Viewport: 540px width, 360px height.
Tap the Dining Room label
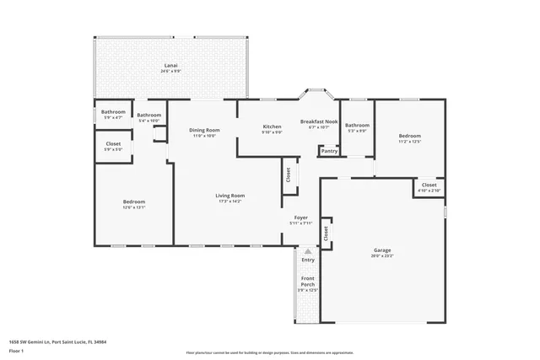click(x=204, y=130)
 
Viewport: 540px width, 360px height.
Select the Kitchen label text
click(x=272, y=126)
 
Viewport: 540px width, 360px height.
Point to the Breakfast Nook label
click(x=319, y=121)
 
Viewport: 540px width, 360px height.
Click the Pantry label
click(x=328, y=152)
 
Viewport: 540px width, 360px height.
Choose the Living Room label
click(x=229, y=196)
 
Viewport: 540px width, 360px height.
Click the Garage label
click(x=382, y=250)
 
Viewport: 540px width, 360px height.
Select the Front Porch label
click(x=308, y=282)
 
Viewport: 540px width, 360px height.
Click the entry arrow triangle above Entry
click(x=308, y=250)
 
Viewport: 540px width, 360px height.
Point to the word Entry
click(x=308, y=260)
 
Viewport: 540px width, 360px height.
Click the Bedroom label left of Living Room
click(x=134, y=201)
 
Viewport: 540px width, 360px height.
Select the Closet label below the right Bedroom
click(x=429, y=185)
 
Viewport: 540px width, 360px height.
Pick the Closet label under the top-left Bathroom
click(x=113, y=144)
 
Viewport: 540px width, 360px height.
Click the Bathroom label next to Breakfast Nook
click(x=357, y=126)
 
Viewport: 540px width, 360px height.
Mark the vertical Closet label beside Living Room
click(x=288, y=175)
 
